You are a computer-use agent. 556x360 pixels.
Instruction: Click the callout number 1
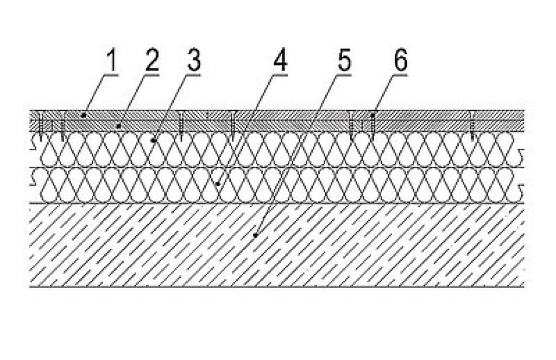click(112, 61)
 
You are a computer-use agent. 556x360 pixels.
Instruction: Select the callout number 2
click(151, 61)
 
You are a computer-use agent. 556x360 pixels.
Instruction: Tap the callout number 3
click(194, 61)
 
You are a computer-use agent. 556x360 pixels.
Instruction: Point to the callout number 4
click(280, 61)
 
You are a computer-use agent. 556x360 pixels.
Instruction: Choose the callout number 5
click(344, 61)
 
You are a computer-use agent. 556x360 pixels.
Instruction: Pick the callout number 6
click(401, 61)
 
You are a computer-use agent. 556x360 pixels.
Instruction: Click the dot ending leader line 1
click(84, 115)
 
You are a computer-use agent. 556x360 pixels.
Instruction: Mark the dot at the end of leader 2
click(119, 125)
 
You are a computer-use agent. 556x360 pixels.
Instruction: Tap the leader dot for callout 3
click(153, 141)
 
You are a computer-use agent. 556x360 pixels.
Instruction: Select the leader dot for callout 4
click(218, 184)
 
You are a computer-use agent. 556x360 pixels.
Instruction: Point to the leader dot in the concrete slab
click(255, 235)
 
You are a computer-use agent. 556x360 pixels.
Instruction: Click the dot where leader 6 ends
click(372, 115)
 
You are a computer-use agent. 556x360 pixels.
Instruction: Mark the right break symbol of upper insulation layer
click(520, 155)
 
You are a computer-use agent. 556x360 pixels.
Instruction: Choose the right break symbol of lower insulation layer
click(520, 191)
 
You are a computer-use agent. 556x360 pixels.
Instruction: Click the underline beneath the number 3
click(192, 75)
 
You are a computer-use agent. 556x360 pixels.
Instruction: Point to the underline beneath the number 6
click(399, 75)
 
